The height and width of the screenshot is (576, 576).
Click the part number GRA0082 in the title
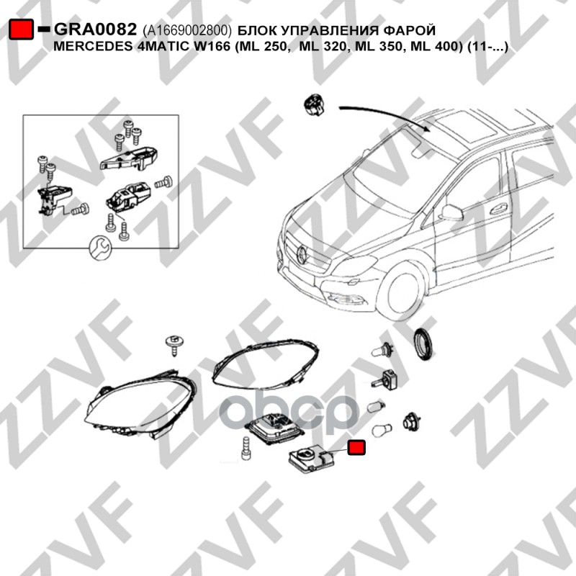coord(96,30)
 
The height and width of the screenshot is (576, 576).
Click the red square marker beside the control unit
coord(355,447)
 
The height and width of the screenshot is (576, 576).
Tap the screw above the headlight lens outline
coord(173,344)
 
